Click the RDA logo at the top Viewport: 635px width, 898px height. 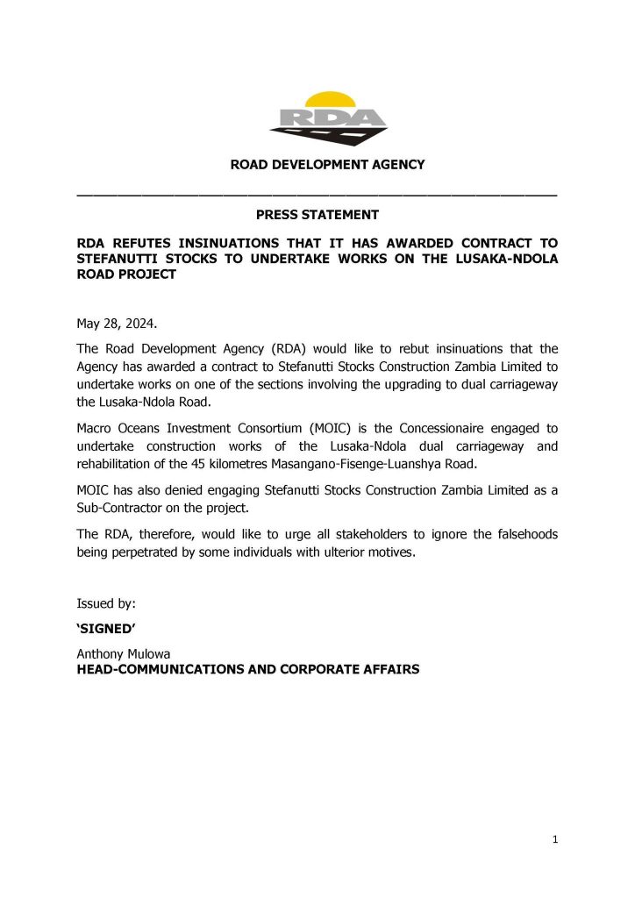click(327, 118)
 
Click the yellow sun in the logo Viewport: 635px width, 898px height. click(327, 99)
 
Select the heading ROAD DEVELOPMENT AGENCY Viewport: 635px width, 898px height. click(327, 165)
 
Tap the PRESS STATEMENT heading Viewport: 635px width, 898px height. click(317, 215)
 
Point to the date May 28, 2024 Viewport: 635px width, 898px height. click(118, 324)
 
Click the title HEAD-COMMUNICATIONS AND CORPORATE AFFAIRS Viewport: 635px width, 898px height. click(248, 670)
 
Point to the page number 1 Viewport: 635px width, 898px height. click(555, 840)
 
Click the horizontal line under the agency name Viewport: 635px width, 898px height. click(317, 193)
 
